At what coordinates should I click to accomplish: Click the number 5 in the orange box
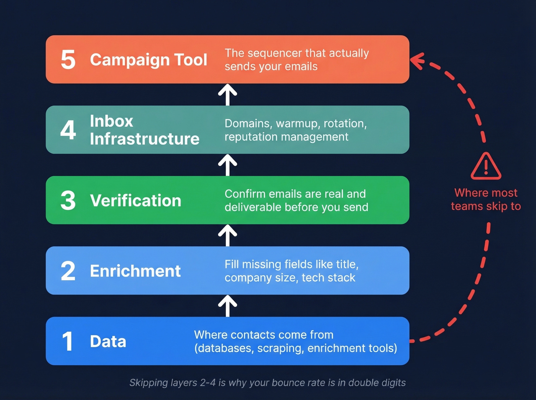[x=68, y=60]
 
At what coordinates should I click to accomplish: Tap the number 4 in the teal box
[x=68, y=130]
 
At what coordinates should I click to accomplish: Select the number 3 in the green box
[x=68, y=201]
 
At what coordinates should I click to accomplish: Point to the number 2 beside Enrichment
[x=68, y=271]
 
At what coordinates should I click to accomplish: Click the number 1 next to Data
[x=68, y=341]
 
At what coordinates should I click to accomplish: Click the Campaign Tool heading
[x=149, y=60]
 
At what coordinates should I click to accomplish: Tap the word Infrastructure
[x=144, y=139]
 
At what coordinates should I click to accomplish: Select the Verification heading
[x=136, y=201]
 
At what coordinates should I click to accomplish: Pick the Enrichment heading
[x=135, y=271]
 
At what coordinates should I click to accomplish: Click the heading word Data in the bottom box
[x=108, y=341]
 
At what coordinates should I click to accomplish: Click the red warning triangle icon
[x=486, y=167]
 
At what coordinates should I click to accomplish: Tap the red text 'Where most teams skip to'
[x=486, y=199]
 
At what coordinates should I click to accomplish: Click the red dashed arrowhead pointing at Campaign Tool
[x=417, y=61]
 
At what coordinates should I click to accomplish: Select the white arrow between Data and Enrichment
[x=227, y=306]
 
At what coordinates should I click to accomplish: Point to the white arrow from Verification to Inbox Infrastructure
[x=227, y=165]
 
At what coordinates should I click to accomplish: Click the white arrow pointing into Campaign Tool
[x=227, y=95]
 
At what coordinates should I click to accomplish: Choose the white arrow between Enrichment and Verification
[x=227, y=235]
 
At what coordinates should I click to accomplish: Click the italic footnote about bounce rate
[x=267, y=383]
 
